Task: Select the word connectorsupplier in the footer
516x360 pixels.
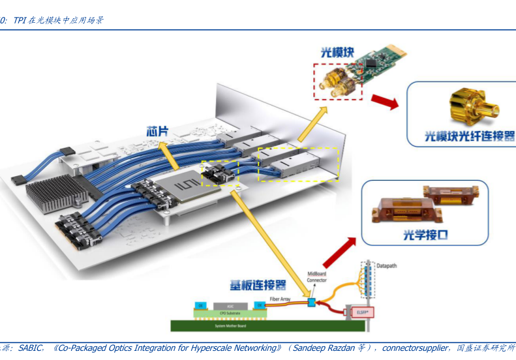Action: (x=415, y=348)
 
